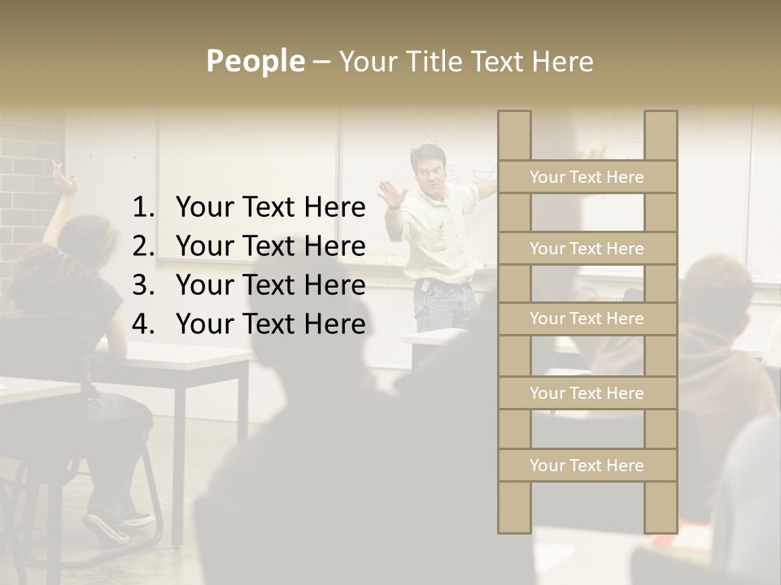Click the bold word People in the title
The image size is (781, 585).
(255, 61)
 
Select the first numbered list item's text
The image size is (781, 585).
(270, 208)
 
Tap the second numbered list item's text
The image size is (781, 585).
(270, 246)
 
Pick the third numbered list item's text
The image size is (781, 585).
(270, 285)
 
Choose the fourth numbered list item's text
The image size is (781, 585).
(270, 324)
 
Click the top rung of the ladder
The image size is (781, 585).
(587, 177)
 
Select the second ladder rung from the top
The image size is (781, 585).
(587, 249)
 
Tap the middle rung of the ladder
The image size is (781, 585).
(587, 318)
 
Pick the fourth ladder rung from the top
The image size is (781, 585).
(587, 393)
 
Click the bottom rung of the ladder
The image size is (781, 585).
(587, 466)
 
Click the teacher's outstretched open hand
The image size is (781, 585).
(393, 195)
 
